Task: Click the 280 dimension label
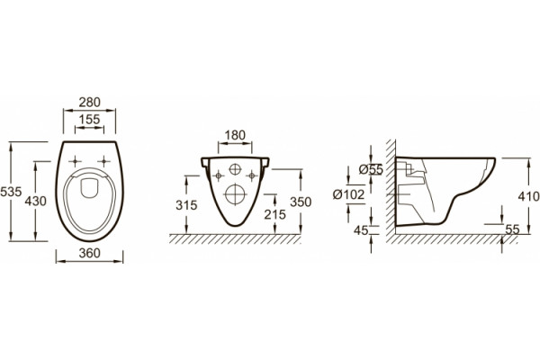[x=89, y=103]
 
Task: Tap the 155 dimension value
[x=89, y=120]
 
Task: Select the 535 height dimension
[x=11, y=192]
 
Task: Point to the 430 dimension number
[x=35, y=201]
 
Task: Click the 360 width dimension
[x=89, y=253]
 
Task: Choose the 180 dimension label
[x=235, y=135]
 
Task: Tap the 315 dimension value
[x=186, y=205]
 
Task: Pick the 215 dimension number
[x=274, y=214]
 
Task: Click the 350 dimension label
[x=301, y=202]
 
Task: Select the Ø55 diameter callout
[x=371, y=169]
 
